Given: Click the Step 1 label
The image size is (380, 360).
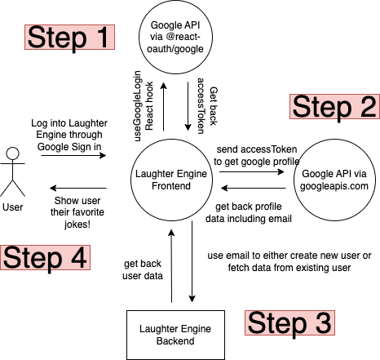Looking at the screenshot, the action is pos(69,37).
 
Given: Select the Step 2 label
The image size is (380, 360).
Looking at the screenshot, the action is pos(334,106).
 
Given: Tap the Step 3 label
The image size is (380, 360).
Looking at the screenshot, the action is pos(289,322).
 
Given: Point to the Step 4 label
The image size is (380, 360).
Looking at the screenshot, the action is pos(45,257).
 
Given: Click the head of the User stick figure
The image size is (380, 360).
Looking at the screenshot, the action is pos(13,153).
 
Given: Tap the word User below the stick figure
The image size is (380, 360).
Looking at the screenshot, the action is pos(13,207).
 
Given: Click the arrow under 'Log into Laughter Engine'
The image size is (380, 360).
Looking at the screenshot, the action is pos(73,155).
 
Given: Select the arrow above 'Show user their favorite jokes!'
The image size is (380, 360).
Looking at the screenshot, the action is pos(78,188).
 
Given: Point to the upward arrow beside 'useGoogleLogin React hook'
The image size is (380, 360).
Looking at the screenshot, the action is pos(163,107).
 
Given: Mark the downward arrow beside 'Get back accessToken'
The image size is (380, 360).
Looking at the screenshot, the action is pos(188,106).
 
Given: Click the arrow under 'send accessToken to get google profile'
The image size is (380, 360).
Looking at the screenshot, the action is pos(252,171).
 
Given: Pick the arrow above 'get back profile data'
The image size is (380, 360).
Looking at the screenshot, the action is pos(254,188).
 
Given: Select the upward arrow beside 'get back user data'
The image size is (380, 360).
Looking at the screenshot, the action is pos(171,266).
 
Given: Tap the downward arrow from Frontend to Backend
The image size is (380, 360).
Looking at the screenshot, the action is pos(192,261).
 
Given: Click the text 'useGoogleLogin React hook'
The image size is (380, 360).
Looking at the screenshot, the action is pos(144,106).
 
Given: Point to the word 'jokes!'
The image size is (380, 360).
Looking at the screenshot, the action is pos(77,224).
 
